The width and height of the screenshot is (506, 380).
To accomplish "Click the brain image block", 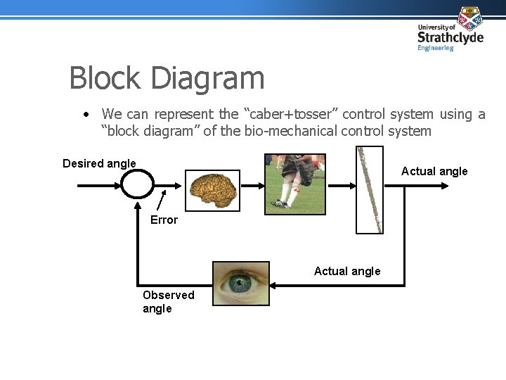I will [x=214, y=191].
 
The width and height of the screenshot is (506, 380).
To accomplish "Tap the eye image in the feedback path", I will [x=241, y=284].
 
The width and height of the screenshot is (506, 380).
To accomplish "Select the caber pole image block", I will [x=370, y=189].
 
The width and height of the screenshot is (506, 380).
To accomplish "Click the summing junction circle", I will [x=136, y=184].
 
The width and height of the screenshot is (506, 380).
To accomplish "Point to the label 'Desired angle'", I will [x=99, y=164].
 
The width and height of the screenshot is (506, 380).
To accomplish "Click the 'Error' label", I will [x=164, y=220].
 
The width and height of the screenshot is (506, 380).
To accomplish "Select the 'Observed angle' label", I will [x=168, y=302].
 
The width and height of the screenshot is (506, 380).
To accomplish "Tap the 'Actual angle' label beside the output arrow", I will [x=434, y=172].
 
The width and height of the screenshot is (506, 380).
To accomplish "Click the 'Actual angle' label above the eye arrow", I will [x=347, y=272].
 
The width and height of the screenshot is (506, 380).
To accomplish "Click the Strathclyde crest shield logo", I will [x=470, y=18].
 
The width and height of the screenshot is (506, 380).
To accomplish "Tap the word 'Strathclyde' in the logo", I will [x=450, y=37].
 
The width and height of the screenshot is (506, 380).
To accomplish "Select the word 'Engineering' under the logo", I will [x=436, y=49].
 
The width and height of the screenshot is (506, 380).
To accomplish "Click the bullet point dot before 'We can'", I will [x=84, y=114].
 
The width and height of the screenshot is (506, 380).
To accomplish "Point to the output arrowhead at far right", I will [x=444, y=185].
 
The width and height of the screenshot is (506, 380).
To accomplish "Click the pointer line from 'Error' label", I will [x=162, y=201].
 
